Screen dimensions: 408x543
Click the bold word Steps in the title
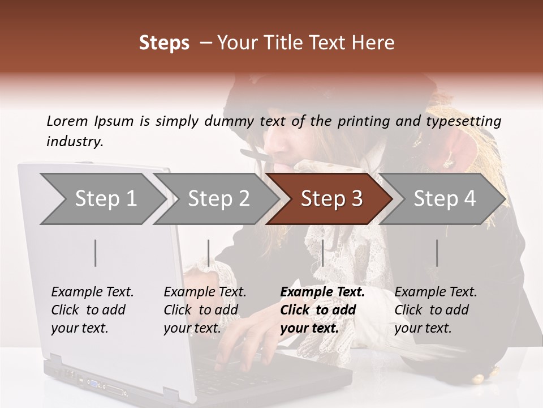164,43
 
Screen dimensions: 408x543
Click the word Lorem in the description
67,121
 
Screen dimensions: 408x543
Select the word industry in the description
75,141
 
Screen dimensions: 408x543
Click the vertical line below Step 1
95,253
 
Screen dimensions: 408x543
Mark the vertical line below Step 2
208,253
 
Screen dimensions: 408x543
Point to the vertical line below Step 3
322,253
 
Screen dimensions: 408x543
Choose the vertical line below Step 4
437,253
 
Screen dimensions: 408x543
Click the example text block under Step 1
92,310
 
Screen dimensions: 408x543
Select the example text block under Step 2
205,310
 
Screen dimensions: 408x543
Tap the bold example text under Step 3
322,310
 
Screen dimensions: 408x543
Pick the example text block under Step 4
436,310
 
